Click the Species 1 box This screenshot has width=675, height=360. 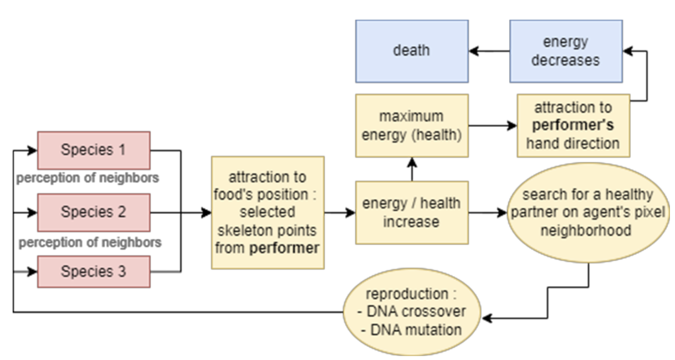(x=93, y=150)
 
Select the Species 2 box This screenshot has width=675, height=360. (x=93, y=212)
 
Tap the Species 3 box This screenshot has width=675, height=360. (x=93, y=272)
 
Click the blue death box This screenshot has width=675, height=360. (x=412, y=51)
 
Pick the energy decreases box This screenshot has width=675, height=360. (x=566, y=51)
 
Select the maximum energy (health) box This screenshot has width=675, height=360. (x=412, y=125)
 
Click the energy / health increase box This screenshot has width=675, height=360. (x=412, y=212)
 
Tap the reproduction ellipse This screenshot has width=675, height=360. (x=412, y=312)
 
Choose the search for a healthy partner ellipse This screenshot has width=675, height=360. (x=587, y=212)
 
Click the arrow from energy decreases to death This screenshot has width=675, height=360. (x=489, y=51)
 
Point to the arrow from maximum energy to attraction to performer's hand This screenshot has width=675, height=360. (x=493, y=125)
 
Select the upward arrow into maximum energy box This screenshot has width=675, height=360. (x=412, y=169)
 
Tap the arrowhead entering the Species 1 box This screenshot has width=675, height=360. (x=33, y=150)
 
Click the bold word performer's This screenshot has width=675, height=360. (x=573, y=125)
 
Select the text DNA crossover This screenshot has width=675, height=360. (x=416, y=311)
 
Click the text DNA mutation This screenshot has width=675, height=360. (x=416, y=330)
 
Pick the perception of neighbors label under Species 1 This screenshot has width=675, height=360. (x=88, y=178)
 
